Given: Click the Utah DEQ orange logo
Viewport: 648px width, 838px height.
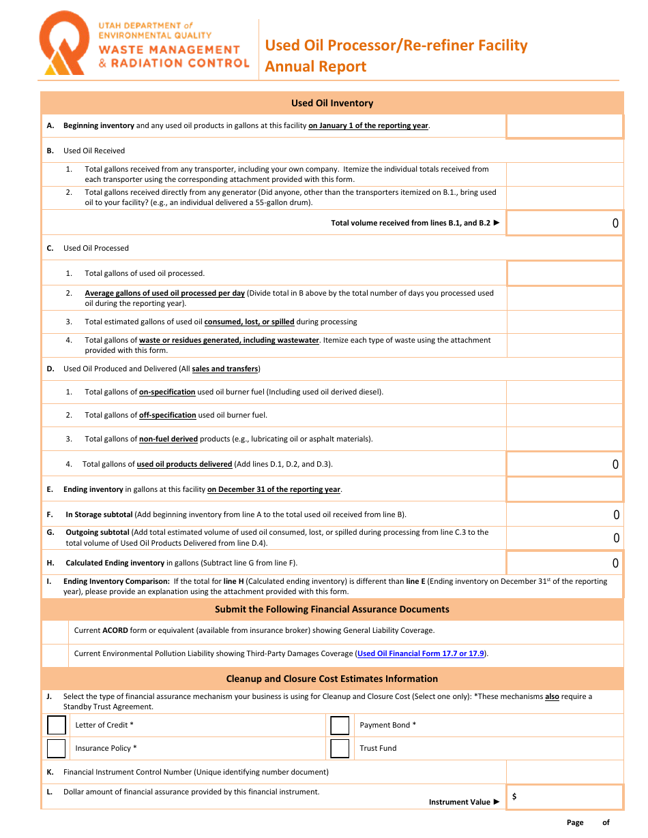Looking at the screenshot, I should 63,44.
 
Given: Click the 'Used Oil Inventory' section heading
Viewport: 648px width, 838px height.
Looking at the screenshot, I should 332,103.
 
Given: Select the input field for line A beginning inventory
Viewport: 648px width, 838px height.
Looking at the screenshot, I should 564,126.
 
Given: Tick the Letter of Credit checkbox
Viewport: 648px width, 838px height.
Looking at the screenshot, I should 57,725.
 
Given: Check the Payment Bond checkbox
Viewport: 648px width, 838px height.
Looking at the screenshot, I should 340,725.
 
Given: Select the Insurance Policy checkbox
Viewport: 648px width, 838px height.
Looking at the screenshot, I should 57,748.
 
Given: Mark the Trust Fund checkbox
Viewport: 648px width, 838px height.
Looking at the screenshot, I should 340,748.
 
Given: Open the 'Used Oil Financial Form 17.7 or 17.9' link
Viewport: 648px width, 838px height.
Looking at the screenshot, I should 421,653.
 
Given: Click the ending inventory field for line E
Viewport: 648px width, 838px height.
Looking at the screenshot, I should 564,489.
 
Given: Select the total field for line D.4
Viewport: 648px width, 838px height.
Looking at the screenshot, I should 564,464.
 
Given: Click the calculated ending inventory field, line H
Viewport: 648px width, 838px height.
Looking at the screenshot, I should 564,563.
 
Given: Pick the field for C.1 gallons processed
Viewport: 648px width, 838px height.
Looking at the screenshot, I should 564,273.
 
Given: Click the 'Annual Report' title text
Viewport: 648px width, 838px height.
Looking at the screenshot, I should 316,66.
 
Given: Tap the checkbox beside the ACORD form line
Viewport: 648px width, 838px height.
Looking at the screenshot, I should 55,631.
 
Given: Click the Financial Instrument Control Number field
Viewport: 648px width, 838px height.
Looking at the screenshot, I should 564,772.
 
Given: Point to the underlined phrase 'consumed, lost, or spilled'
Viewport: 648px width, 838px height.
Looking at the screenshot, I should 249,322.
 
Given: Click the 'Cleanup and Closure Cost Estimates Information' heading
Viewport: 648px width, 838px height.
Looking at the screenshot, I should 332,679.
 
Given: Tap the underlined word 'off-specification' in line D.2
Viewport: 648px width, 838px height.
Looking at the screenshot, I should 167,415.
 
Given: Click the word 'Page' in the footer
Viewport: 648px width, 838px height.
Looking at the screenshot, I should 575,822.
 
